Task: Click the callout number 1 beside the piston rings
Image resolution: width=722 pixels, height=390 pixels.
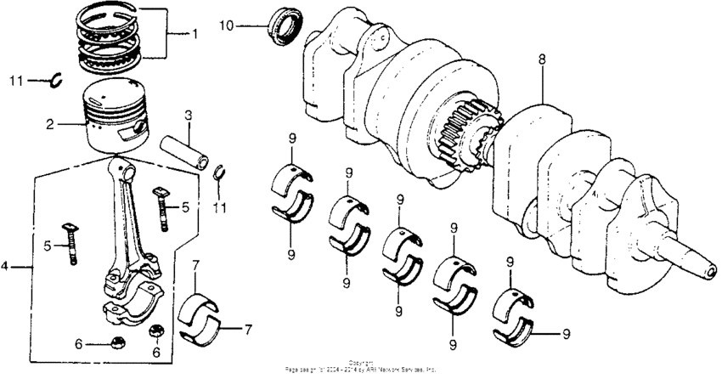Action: point(194,35)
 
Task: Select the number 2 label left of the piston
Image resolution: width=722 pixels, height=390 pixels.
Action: point(50,124)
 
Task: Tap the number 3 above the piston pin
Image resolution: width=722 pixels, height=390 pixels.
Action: point(189,114)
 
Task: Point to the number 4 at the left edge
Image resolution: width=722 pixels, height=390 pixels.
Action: point(5,266)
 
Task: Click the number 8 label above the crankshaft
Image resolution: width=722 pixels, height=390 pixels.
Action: point(541,59)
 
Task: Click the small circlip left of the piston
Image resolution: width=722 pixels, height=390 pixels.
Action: point(56,80)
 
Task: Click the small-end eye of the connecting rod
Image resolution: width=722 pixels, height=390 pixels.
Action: point(125,172)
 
